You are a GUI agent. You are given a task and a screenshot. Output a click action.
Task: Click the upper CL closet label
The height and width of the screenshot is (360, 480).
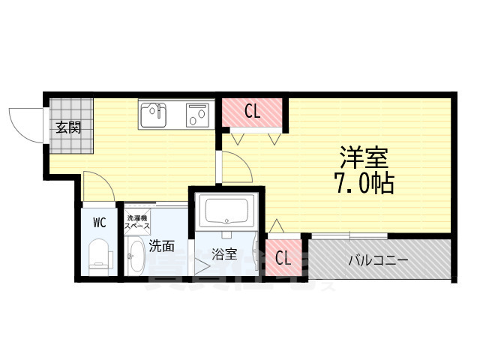click(x=253, y=112)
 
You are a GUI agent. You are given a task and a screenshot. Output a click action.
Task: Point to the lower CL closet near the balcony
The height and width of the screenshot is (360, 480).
click(x=283, y=259)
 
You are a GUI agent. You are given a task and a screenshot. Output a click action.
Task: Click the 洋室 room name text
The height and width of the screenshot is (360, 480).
click(x=364, y=158)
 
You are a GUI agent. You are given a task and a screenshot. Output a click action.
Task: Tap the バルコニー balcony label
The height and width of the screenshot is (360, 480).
click(x=379, y=260)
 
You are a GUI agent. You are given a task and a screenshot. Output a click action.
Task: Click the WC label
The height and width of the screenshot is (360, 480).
click(x=99, y=223)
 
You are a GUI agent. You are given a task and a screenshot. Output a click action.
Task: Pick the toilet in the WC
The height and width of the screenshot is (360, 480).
click(x=99, y=255)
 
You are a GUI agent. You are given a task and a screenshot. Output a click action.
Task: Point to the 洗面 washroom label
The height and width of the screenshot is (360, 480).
click(x=161, y=244)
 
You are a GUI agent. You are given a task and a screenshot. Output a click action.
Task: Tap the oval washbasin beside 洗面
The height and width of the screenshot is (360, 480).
click(x=136, y=256)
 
